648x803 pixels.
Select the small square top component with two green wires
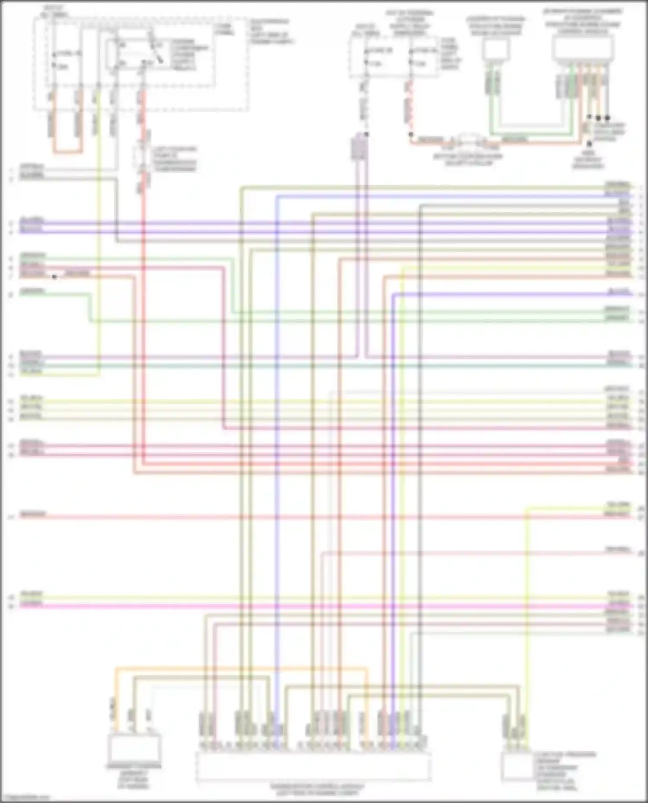coord(495,50)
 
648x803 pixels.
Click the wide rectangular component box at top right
coord(583,48)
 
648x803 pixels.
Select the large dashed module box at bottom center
coord(313,766)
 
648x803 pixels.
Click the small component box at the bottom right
coord(517,766)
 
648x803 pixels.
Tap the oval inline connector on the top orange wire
coord(469,140)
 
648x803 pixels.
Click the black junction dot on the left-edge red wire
coord(54,277)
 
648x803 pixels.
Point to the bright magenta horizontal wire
coord(302,606)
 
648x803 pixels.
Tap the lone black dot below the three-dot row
coord(589,143)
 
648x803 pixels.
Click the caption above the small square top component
coord(496,26)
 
